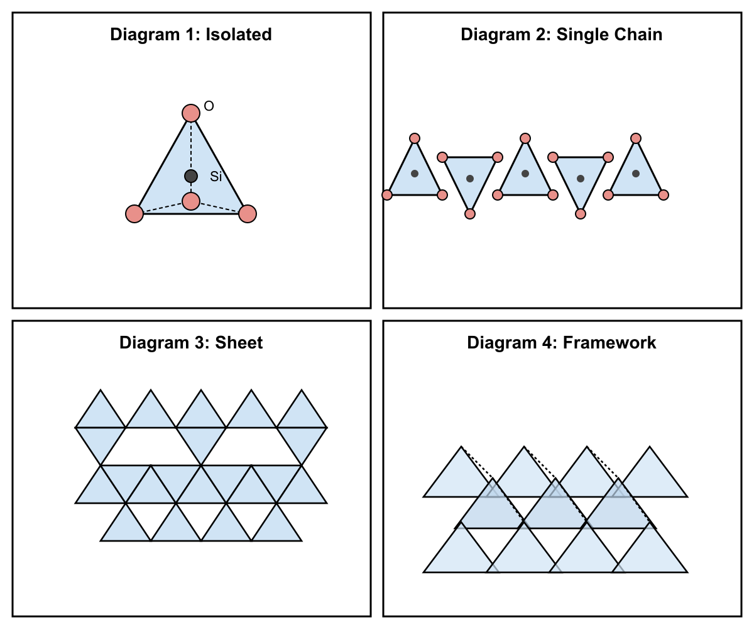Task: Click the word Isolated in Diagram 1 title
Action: click(238, 35)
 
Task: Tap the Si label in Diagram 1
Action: click(216, 176)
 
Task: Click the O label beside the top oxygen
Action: click(209, 106)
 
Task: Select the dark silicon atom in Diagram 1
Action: click(191, 176)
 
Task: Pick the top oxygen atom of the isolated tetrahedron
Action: click(191, 113)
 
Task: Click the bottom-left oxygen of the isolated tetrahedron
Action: click(134, 214)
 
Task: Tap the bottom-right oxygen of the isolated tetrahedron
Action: click(248, 214)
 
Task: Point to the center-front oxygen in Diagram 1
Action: click(191, 201)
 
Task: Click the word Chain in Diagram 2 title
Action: click(638, 35)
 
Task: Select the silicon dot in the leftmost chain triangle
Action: click(415, 174)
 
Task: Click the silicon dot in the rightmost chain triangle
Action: click(636, 174)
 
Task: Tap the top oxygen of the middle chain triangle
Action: click(525, 138)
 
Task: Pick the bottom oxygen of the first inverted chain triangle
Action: click(470, 214)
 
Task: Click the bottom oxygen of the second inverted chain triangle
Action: click(581, 214)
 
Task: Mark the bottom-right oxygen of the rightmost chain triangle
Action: click(664, 195)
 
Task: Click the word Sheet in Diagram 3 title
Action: click(239, 343)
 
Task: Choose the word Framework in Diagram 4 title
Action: click(609, 343)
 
